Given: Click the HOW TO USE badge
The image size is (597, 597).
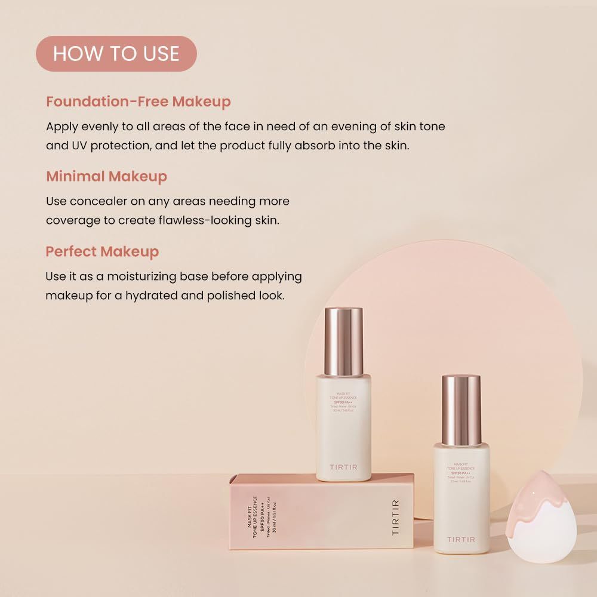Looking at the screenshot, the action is (116, 54).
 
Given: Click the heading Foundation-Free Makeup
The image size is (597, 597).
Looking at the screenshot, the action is (138, 101).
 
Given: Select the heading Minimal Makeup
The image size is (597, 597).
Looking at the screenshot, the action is (106, 176).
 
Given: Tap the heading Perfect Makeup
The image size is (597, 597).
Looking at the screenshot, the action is (102, 251).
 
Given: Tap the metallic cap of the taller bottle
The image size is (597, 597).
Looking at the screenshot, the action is (343, 341).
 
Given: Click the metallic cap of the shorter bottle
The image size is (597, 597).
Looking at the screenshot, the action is (461, 410).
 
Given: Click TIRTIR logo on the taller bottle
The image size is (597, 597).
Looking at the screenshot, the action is (343, 467).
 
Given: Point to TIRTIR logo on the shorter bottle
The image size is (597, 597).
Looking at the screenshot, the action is (461, 539).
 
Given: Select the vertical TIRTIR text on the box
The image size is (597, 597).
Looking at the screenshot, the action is (396, 517).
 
